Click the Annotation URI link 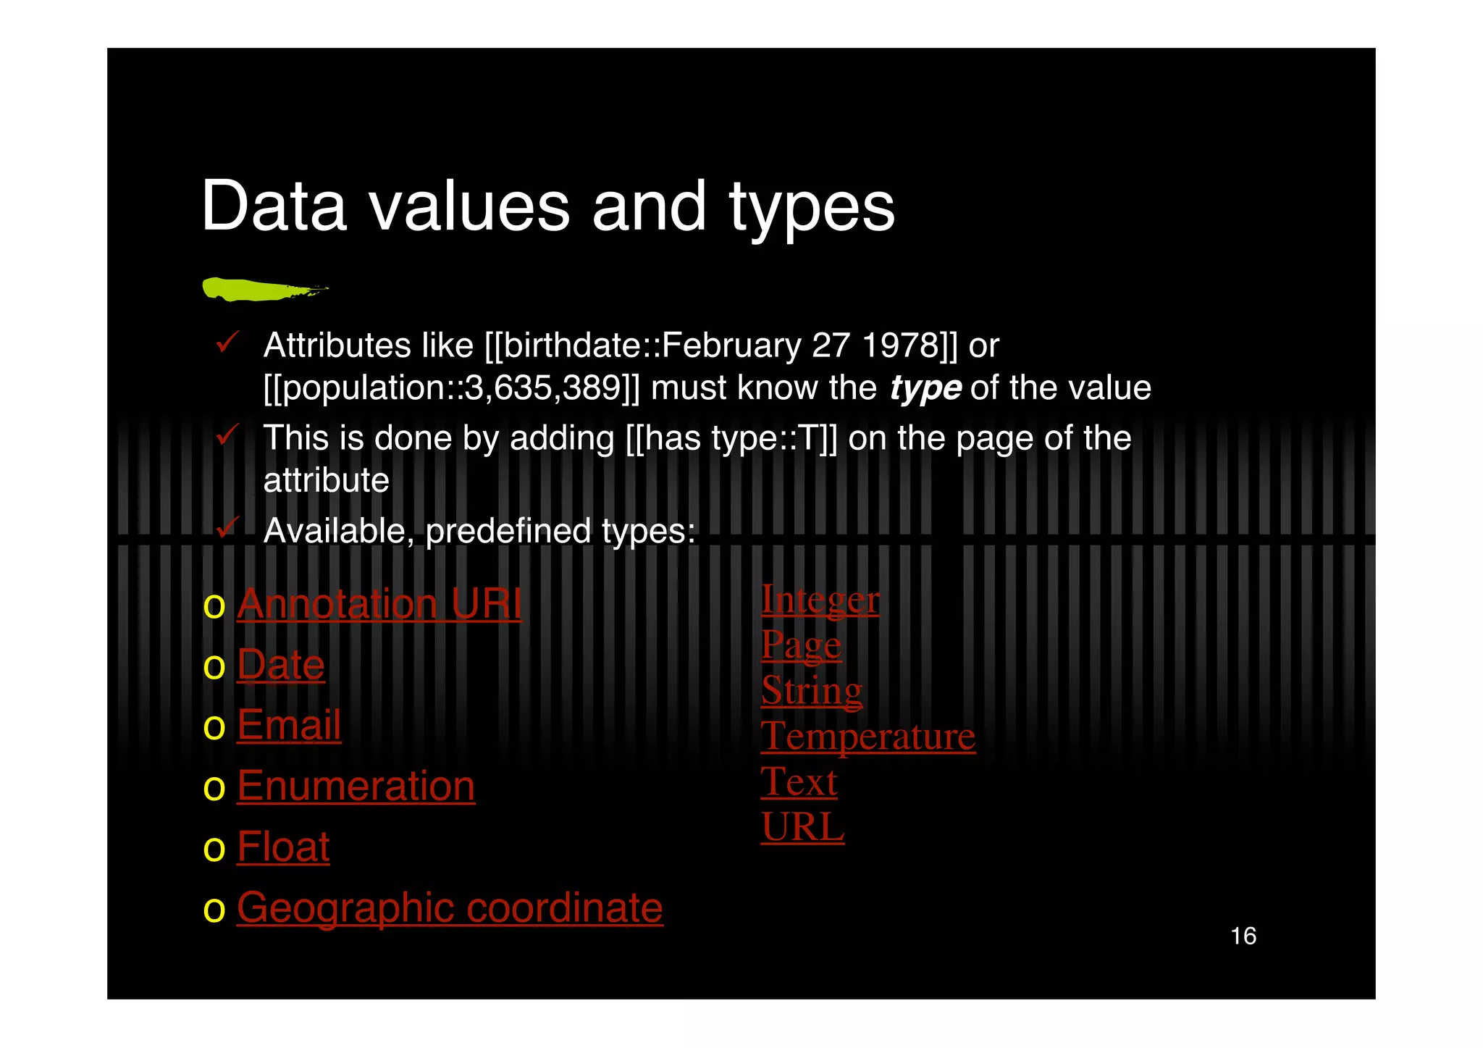pyautogui.click(x=379, y=603)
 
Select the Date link pyautogui.click(x=281, y=664)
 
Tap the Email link pyautogui.click(x=289, y=725)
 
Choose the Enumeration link pyautogui.click(x=356, y=786)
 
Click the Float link pyautogui.click(x=283, y=847)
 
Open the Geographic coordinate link pyautogui.click(x=450, y=907)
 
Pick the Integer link pyautogui.click(x=820, y=600)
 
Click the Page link pyautogui.click(x=801, y=645)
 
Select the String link pyautogui.click(x=812, y=690)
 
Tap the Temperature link pyautogui.click(x=868, y=737)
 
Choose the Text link pyautogui.click(x=799, y=782)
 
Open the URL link pyautogui.click(x=802, y=827)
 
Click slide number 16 pyautogui.click(x=1243, y=936)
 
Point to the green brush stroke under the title pyautogui.click(x=261, y=289)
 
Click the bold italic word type pyautogui.click(x=925, y=388)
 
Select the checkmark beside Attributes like pyautogui.click(x=227, y=342)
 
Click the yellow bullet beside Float pyautogui.click(x=214, y=848)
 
